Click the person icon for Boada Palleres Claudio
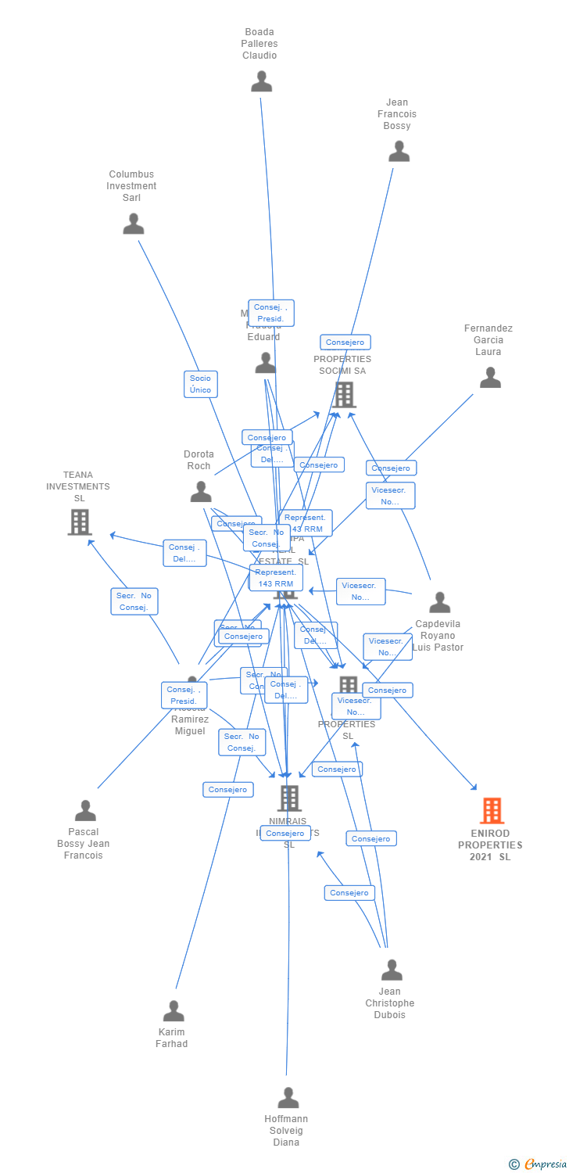261,81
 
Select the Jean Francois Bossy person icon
399,152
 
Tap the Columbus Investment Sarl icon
134,224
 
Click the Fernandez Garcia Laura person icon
490,378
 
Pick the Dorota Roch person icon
201,492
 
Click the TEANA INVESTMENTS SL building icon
80,522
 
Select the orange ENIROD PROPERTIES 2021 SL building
492,811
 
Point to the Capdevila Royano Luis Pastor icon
440,602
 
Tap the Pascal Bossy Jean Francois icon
85,810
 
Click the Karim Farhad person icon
174,1010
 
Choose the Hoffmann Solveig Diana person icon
288,1097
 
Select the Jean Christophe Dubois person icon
392,970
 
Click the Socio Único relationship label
201,384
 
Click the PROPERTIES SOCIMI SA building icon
344,395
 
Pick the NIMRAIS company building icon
289,798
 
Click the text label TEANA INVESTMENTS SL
78,486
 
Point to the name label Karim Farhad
172,1038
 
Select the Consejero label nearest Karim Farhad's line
228,790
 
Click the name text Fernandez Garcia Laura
488,340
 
